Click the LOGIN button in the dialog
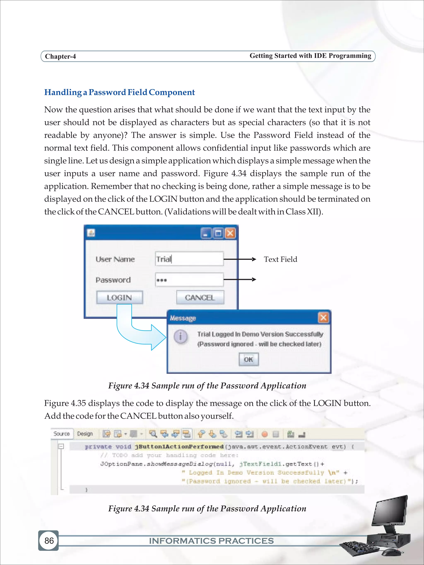[x=119, y=297]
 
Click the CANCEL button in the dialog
[x=200, y=297]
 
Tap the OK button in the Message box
[x=248, y=359]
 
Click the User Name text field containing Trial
[x=189, y=259]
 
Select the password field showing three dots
[x=189, y=280]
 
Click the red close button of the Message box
[x=323, y=318]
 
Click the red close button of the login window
[x=230, y=233]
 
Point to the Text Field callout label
[x=280, y=259]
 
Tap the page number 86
[x=49, y=541]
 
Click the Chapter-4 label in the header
[x=60, y=56]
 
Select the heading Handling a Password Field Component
[x=119, y=92]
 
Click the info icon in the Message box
[x=181, y=336]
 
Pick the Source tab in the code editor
[x=62, y=434]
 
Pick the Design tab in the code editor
[x=85, y=434]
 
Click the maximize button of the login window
[x=218, y=233]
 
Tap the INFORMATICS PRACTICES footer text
[x=211, y=541]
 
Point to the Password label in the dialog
[x=113, y=280]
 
